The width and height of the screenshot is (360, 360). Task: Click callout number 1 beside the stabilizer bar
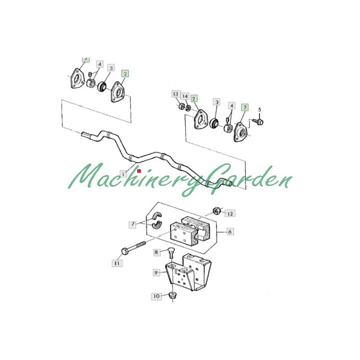[x=124, y=173]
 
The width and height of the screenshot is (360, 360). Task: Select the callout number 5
[x=259, y=110]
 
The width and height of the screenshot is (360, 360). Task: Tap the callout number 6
[x=229, y=232]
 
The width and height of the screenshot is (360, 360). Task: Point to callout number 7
[x=133, y=223]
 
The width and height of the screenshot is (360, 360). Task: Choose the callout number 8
[x=157, y=252]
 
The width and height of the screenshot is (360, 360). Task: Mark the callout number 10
[x=156, y=297]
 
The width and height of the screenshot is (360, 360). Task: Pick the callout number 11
[x=117, y=263]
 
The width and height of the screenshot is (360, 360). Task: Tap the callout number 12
[x=230, y=213]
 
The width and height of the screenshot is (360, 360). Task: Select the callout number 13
[x=175, y=94]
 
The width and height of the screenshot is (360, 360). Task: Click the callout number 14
[x=184, y=96]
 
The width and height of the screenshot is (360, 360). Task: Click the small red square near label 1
[x=139, y=171]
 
